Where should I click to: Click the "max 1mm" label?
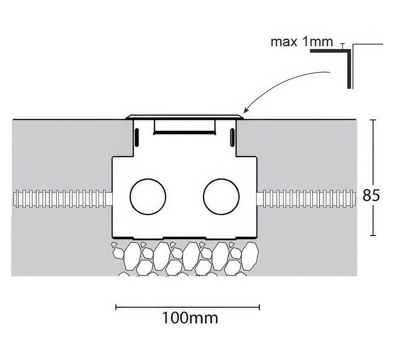point(302,42)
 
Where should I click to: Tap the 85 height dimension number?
point(371,195)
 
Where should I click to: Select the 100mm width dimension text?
point(190,318)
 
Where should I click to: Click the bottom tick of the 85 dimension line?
point(373,235)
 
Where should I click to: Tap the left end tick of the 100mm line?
point(116,307)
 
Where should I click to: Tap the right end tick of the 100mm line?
point(259,307)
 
